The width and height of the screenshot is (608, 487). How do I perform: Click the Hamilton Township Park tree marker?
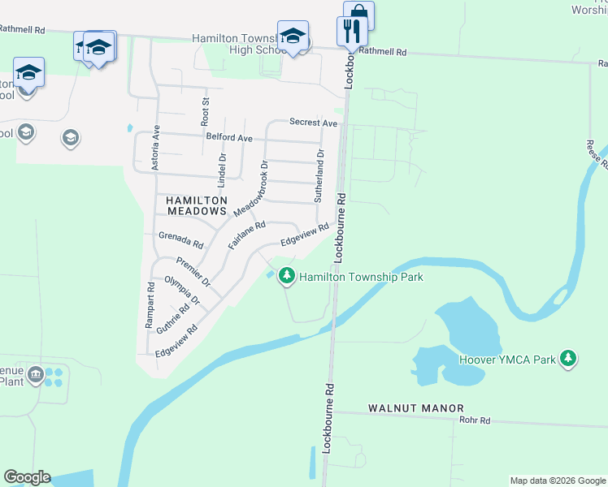click(x=286, y=277)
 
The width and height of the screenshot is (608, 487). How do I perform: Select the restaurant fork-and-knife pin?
click(x=351, y=32)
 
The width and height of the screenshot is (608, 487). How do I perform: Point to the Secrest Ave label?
click(x=313, y=123)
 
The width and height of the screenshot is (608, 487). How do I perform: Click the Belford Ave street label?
click(x=229, y=138)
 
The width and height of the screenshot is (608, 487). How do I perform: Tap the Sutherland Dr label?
click(x=320, y=175)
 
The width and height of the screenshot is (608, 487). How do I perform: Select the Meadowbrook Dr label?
click(x=250, y=188)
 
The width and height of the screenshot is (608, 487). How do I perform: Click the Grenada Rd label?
click(x=180, y=241)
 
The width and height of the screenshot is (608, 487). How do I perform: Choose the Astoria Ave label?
click(x=157, y=147)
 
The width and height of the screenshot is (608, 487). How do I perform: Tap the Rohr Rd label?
click(x=474, y=420)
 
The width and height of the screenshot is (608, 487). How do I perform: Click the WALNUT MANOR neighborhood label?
click(x=415, y=408)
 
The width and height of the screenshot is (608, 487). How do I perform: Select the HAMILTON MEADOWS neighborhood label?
click(x=196, y=205)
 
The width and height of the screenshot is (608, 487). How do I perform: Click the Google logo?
click(x=27, y=477)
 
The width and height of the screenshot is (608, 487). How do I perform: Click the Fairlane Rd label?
click(x=246, y=235)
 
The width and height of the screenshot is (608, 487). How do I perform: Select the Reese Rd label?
click(x=596, y=153)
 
